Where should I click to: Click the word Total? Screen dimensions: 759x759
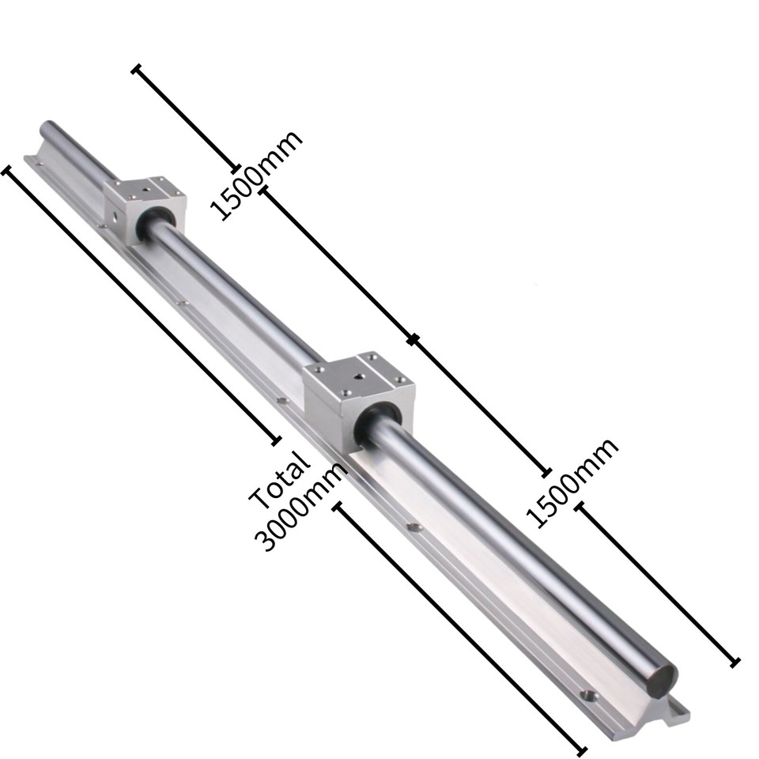coord(279,480)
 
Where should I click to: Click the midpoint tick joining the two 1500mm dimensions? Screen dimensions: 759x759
coord(412,340)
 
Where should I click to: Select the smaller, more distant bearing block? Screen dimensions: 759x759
coord(142,203)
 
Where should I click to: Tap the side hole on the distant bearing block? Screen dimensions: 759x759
coord(119,213)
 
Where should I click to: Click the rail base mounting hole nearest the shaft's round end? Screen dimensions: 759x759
coord(587,695)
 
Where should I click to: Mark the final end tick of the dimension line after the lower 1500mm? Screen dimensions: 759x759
coord(734,662)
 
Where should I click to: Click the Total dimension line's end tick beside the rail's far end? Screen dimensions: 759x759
coord(10,170)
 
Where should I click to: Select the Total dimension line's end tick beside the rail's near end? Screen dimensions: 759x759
coord(582,749)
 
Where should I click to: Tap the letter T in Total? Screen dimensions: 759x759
coord(260,498)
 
